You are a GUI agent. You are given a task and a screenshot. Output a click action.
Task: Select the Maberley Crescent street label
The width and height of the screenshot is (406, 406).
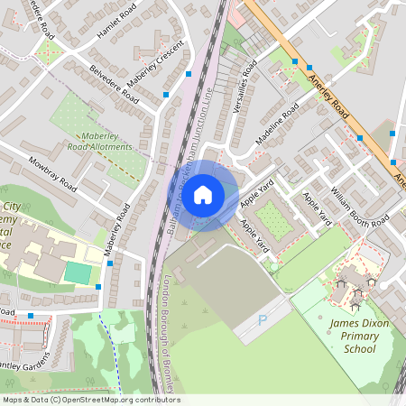click(155, 69)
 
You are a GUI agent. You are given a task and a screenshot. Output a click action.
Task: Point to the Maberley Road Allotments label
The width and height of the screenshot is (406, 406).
click(101, 141)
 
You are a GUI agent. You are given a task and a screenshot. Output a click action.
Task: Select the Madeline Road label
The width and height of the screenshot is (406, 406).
click(277, 124)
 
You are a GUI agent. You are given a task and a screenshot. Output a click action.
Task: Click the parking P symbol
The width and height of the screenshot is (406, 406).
click(263, 319)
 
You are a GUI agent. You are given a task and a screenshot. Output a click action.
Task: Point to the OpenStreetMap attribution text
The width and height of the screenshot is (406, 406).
click(90, 400)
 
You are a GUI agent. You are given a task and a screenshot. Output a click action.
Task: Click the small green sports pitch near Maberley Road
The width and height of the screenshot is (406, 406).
click(78, 272)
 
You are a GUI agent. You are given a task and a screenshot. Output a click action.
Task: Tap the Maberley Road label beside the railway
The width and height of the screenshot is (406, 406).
click(116, 233)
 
